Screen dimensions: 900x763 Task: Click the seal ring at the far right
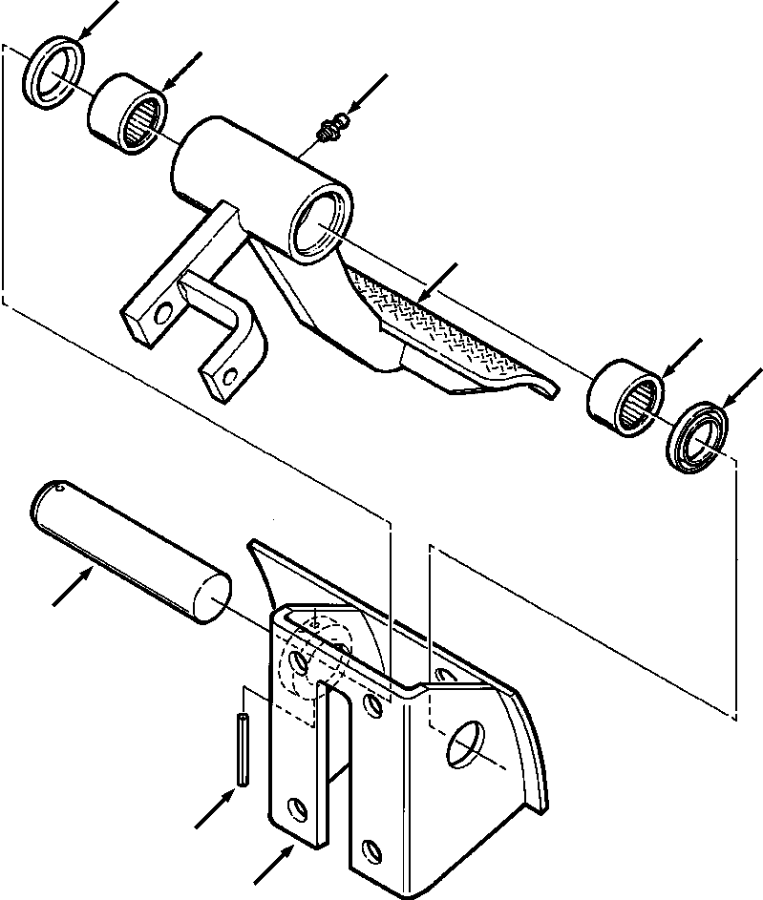pos(700,435)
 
